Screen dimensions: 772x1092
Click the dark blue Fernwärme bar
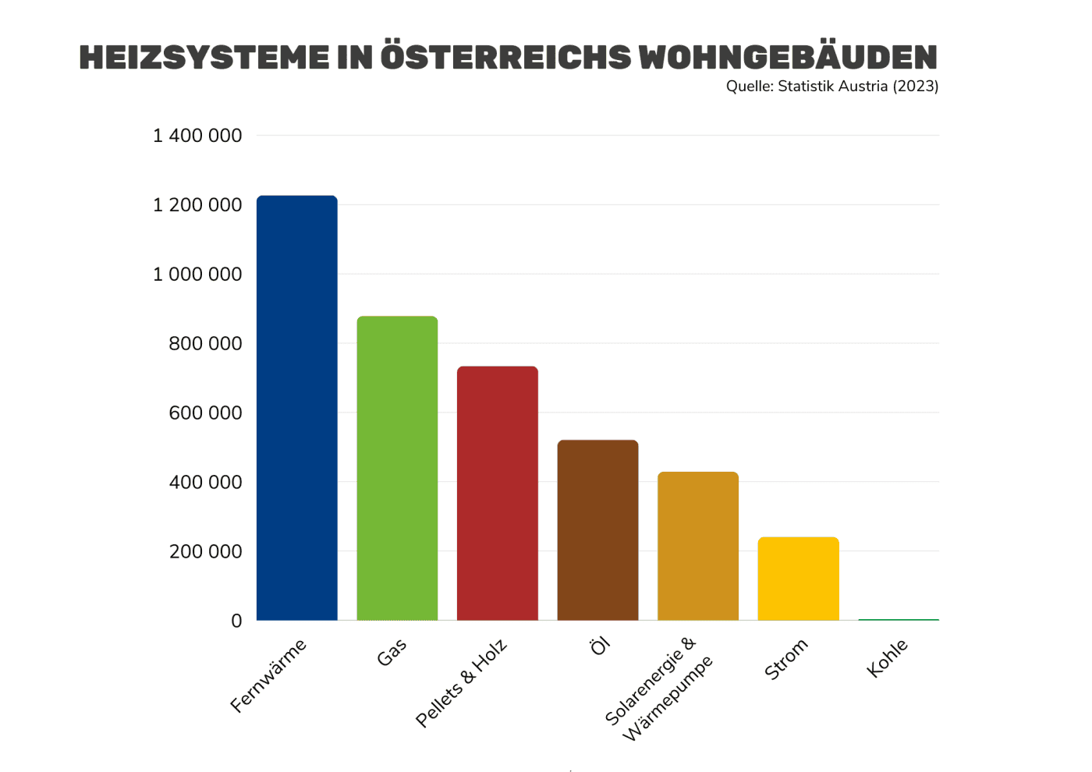point(297,408)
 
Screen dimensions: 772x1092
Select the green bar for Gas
point(397,468)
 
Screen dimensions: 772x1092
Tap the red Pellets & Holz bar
point(498,493)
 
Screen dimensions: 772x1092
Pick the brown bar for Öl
point(597,530)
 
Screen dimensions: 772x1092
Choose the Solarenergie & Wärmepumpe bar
point(698,546)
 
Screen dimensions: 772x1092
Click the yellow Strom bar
point(798,579)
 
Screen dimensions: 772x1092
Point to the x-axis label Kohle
point(888,658)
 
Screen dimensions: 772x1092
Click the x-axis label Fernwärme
point(269,675)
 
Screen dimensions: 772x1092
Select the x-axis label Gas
point(392,653)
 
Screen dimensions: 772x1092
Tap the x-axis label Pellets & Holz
point(462,683)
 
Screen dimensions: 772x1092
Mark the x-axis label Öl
point(599,646)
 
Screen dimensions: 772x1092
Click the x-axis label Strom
point(786,660)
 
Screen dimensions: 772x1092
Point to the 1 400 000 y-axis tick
point(197,136)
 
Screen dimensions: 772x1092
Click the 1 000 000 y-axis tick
point(197,274)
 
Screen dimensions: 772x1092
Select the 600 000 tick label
point(205,413)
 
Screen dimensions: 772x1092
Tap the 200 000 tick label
point(205,552)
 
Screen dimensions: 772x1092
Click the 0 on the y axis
point(236,621)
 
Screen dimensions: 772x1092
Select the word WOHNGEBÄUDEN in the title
point(788,58)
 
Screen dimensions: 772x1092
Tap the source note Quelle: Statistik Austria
point(831,87)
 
